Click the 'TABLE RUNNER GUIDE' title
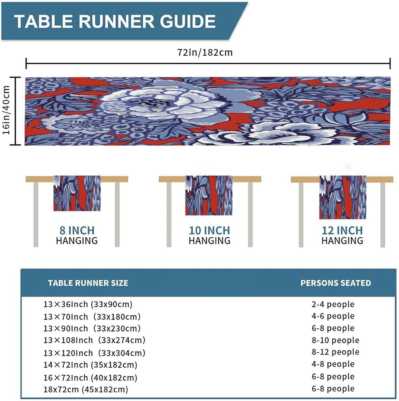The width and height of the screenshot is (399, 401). coord(115,21)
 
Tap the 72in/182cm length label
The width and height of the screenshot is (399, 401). coord(205,52)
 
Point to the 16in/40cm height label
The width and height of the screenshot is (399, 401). coord(6,110)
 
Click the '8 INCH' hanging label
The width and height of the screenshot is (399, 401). coord(77,230)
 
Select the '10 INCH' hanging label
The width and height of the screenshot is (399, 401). coord(210,230)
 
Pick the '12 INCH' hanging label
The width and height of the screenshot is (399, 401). coord(342,230)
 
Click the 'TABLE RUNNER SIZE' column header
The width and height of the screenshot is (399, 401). coord(88,283)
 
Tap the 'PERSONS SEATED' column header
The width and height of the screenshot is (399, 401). coord(336,283)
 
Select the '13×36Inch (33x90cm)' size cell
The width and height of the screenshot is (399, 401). coord(88,304)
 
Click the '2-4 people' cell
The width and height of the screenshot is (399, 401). coord(333,304)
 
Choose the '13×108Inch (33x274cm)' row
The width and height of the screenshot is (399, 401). coord(94,340)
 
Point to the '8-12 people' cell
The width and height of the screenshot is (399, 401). coord(335,352)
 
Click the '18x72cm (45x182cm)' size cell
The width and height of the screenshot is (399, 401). coord(86,389)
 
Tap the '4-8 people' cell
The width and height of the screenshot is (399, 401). coord(333,364)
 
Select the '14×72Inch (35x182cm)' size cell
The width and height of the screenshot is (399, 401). coord(90,365)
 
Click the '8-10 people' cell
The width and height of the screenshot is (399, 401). coord(335,340)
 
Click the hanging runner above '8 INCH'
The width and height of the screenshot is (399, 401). coord(77,193)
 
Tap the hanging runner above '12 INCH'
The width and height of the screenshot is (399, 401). coord(343,197)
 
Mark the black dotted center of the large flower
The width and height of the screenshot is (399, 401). coord(152,103)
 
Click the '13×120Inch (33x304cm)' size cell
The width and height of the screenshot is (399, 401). coord(94,353)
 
